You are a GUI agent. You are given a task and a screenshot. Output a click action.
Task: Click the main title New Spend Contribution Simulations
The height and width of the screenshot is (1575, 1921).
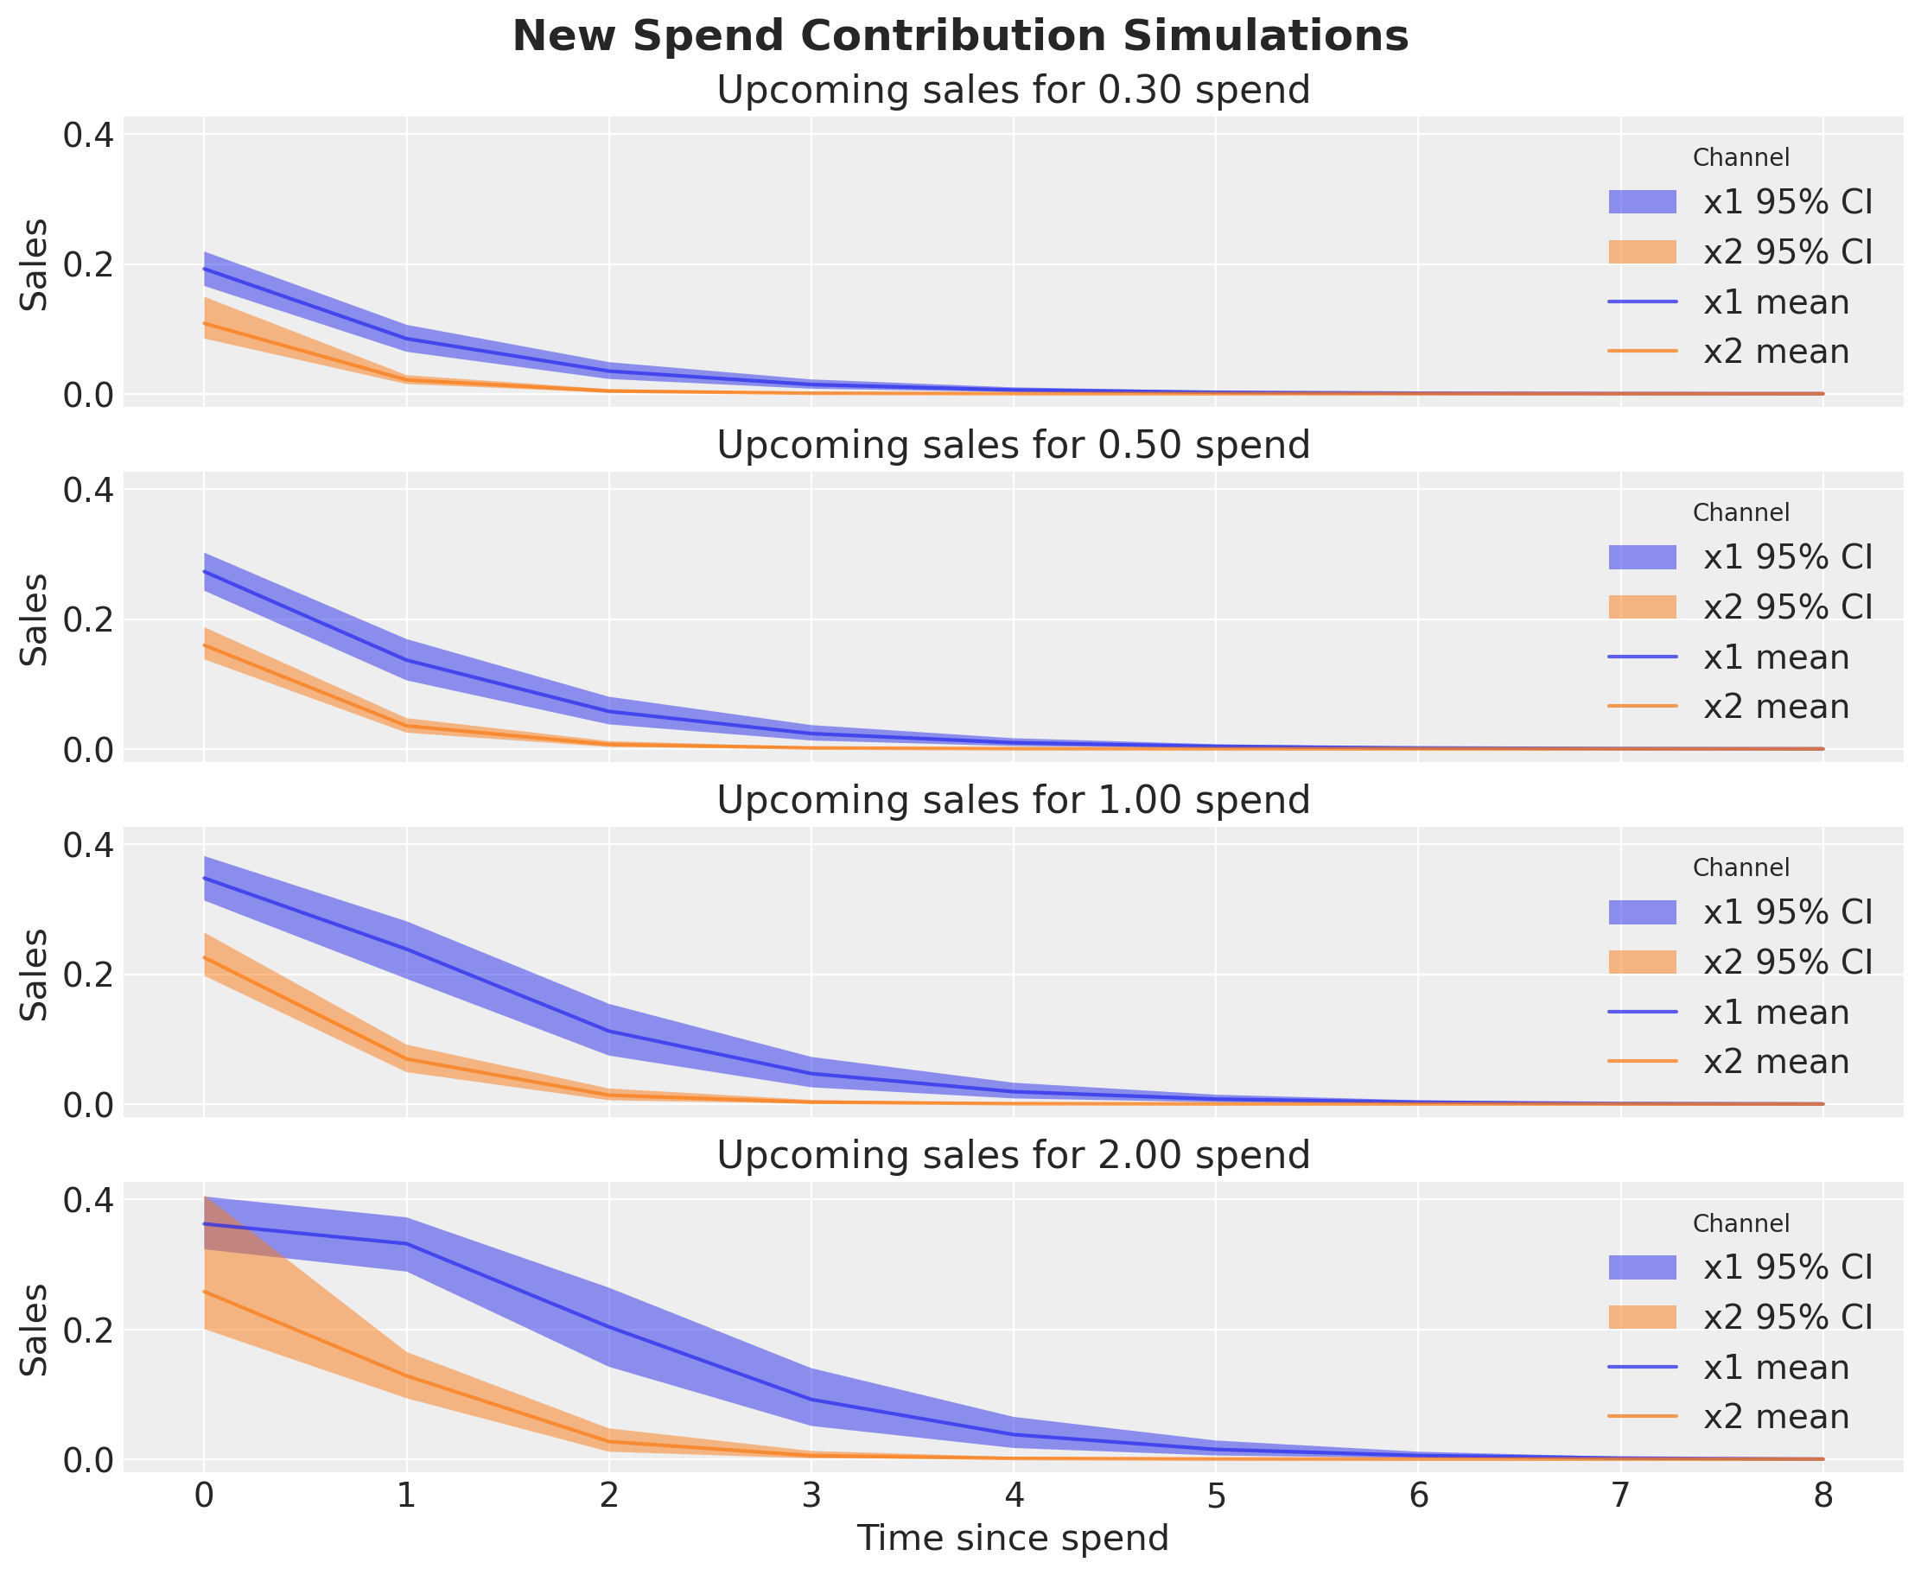coord(960,37)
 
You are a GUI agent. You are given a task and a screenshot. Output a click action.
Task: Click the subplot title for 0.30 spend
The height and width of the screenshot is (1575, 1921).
coord(1013,91)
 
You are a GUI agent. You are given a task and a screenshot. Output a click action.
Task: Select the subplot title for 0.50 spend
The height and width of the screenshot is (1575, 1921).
coord(1013,446)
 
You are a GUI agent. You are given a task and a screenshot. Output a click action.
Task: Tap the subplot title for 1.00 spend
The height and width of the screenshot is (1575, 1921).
coord(1013,800)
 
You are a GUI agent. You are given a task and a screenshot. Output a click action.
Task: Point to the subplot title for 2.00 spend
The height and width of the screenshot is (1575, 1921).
coord(1013,1155)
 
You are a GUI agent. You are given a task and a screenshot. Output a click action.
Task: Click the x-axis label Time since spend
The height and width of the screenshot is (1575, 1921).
coord(1013,1539)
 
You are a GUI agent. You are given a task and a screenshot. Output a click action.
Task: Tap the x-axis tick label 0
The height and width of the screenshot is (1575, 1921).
coord(204,1496)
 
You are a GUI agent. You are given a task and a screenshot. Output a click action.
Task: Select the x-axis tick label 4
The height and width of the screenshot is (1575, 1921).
coord(1014,1496)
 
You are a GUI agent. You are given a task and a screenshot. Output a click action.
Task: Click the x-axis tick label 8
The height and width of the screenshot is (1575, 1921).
coord(1823,1496)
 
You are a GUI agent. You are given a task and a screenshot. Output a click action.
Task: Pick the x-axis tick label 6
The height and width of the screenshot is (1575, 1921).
coord(1418,1496)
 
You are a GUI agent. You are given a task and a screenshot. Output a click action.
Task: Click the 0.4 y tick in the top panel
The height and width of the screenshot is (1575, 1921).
coord(88,135)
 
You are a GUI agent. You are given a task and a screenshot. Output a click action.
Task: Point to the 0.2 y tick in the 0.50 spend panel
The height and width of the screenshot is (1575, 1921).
coord(88,620)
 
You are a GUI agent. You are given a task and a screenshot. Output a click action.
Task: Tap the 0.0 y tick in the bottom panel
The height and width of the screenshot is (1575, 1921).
coord(88,1460)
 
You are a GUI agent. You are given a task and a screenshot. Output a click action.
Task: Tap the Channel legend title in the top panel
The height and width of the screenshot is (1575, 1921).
coord(1740,158)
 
